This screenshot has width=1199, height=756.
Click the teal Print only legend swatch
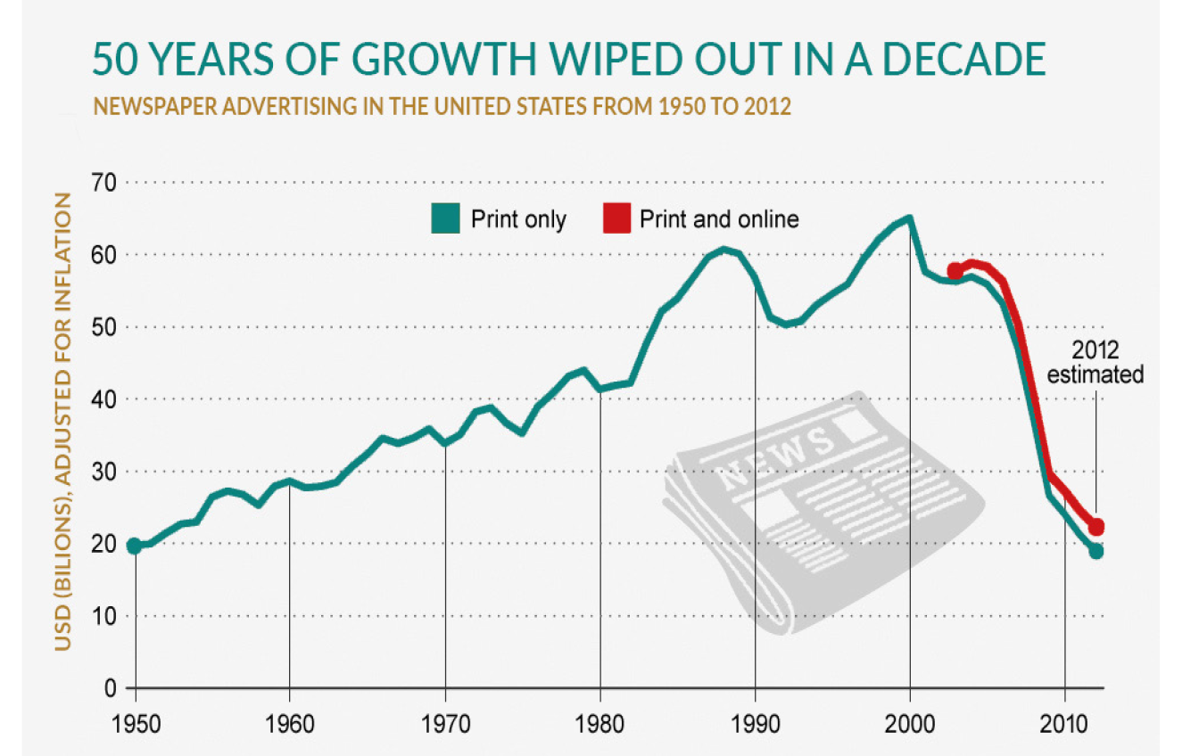[444, 218]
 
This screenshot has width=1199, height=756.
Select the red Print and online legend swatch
[616, 218]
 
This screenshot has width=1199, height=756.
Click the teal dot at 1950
[134, 546]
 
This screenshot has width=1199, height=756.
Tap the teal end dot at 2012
[1096, 552]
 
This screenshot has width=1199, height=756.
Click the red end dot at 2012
[1096, 527]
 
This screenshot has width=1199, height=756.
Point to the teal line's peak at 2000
[909, 218]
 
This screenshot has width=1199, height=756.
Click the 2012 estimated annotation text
[1095, 362]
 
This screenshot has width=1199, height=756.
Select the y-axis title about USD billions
[62, 423]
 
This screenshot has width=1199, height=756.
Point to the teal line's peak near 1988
[724, 249]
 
